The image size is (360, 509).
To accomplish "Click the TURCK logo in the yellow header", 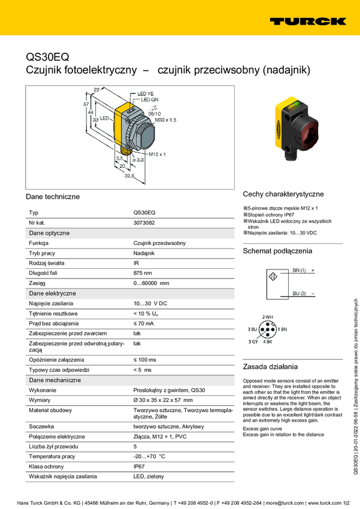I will (x=307, y=21).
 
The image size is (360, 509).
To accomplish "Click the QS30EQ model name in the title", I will (x=47, y=57).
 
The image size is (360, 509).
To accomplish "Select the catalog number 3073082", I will (x=144, y=222).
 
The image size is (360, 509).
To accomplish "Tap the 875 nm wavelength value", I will (x=143, y=272).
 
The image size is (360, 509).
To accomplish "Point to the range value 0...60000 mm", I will (x=151, y=283).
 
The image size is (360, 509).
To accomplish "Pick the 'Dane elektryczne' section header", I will (x=53, y=293).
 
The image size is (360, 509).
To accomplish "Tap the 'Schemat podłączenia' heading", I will (x=277, y=251).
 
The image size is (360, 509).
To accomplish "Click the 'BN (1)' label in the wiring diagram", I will (x=299, y=271).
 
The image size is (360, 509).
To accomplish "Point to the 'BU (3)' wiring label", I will (x=299, y=293).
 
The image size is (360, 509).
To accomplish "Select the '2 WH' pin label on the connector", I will (x=267, y=317).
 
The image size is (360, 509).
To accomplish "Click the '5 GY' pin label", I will (x=254, y=341).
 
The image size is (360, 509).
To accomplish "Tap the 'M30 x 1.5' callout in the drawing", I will (x=166, y=120).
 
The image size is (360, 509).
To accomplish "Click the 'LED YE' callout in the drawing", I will (x=146, y=94).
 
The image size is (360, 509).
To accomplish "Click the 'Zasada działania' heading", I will (x=270, y=366).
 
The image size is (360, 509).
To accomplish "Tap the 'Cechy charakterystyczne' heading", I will (x=283, y=194).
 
